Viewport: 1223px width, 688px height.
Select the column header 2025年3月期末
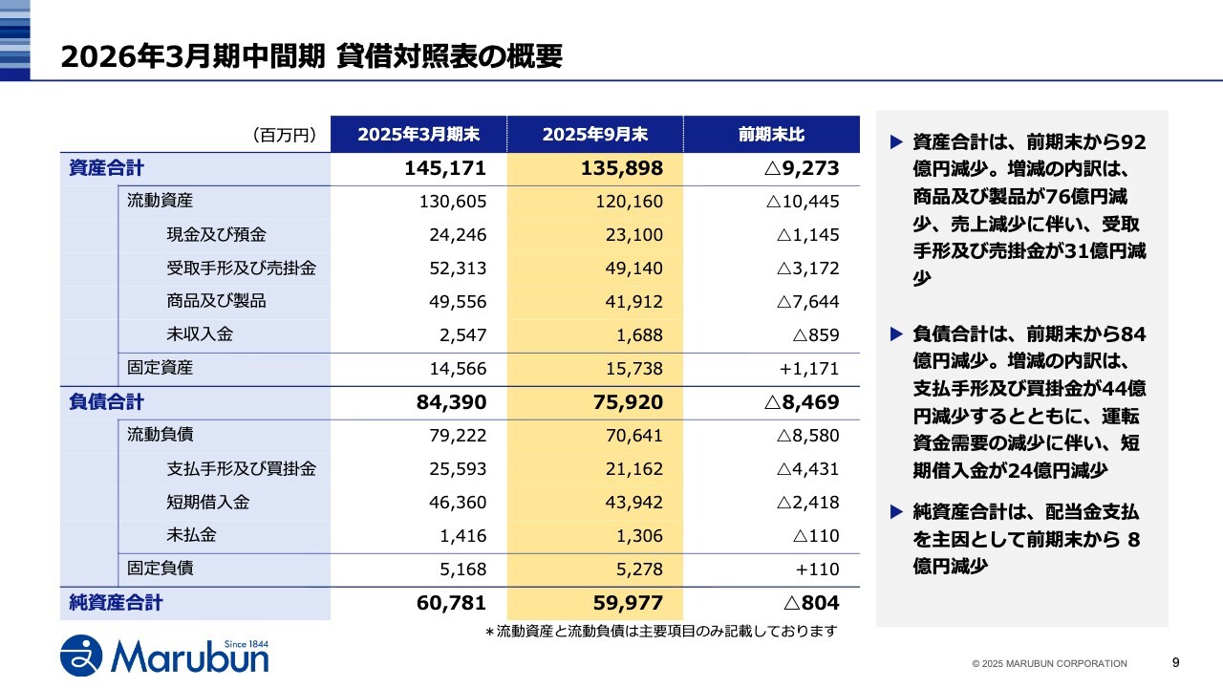click(x=418, y=135)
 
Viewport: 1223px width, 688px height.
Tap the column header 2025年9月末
click(x=594, y=135)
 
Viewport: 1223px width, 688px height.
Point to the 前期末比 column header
click(x=771, y=135)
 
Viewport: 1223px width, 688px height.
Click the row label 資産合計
click(x=106, y=169)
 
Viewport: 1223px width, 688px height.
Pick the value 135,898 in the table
click(x=621, y=169)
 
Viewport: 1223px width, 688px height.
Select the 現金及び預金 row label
click(x=216, y=235)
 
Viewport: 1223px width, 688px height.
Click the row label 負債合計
click(x=106, y=402)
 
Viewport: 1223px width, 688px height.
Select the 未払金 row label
click(x=191, y=535)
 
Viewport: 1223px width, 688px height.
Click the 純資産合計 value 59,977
click(x=621, y=603)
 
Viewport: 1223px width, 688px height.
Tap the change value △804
click(x=810, y=603)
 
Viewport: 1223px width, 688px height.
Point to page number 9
click(x=1175, y=662)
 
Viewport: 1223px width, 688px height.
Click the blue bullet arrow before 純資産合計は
click(x=896, y=512)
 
